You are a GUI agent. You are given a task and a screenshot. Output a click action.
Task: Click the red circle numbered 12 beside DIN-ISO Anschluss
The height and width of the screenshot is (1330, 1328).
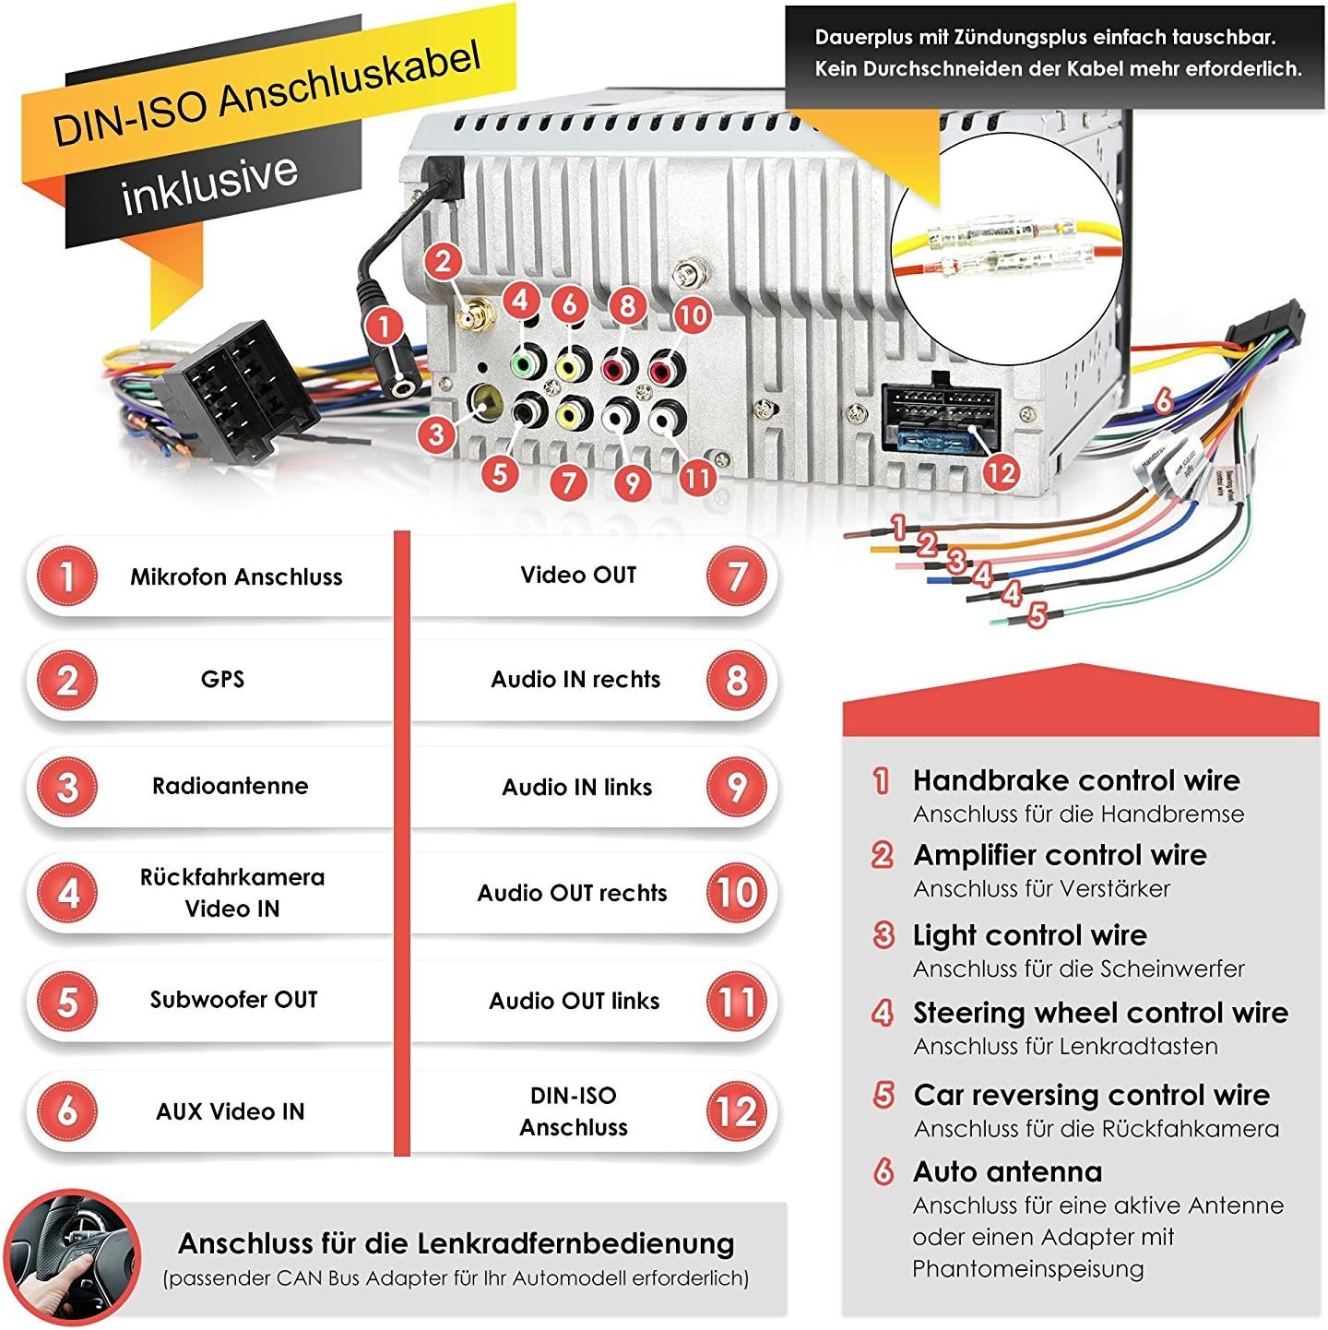[x=737, y=1110]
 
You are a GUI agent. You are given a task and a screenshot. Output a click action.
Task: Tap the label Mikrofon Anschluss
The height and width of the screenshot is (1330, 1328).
[x=236, y=577]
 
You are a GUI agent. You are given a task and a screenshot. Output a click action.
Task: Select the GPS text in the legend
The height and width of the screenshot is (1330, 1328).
[x=222, y=680]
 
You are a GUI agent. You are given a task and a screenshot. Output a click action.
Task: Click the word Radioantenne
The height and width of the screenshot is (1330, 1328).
[x=231, y=786]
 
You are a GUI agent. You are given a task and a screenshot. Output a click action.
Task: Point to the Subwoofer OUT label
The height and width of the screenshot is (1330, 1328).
[x=234, y=1000]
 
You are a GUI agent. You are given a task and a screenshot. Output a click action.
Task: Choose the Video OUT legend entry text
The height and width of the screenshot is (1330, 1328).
[x=578, y=576]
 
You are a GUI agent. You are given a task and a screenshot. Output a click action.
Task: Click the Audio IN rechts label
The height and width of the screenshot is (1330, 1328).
[x=575, y=680]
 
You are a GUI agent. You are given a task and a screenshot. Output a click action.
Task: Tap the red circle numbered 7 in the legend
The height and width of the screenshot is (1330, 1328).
[x=737, y=576]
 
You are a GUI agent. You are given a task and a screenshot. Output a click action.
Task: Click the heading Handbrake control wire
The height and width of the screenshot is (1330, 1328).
[x=1076, y=780]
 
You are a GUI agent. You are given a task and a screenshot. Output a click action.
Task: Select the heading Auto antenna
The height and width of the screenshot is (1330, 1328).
[x=1007, y=1171]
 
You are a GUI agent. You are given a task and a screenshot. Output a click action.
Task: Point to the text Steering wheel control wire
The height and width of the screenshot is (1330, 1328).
[x=1100, y=1013]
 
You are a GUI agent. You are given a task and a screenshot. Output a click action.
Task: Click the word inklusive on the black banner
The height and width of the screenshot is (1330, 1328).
[x=210, y=182]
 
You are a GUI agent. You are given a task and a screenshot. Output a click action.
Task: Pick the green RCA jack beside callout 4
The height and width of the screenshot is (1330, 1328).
[x=525, y=363]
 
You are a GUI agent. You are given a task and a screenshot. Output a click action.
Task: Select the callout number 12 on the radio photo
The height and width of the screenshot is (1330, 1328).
[x=1002, y=473]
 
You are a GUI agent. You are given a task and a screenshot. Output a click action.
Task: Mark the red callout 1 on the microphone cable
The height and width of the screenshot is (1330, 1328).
[x=384, y=325]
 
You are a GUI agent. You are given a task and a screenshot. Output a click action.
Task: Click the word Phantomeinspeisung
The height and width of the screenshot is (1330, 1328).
[x=1027, y=1268]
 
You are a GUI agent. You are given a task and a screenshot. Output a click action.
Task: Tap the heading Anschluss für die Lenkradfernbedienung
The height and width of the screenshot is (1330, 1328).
[x=456, y=1243]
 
